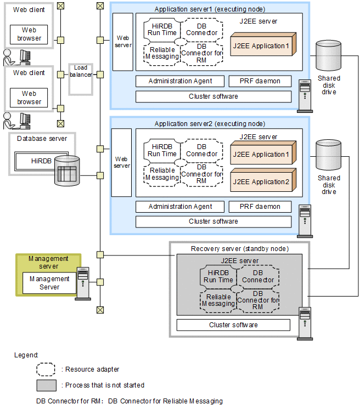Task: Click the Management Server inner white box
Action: (49, 283)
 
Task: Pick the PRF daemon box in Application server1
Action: (260, 81)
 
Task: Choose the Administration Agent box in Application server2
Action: (180, 207)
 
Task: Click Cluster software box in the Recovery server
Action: (233, 325)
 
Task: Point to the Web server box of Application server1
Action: (122, 42)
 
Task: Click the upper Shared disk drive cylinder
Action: (329, 56)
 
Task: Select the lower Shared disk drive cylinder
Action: (329, 156)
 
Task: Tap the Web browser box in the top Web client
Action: (29, 34)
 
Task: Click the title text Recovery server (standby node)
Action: (240, 249)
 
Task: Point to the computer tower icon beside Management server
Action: (83, 283)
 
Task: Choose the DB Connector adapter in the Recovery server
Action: (258, 276)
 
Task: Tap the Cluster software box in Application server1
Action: (213, 96)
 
